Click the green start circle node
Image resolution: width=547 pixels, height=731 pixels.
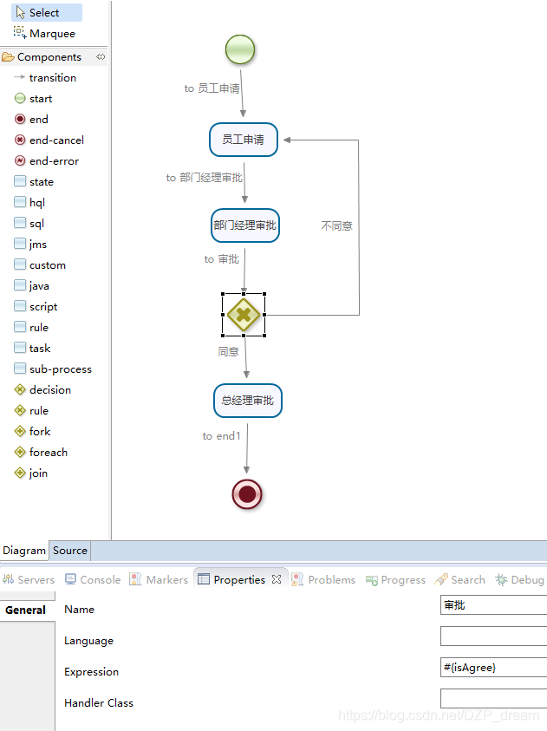(240, 49)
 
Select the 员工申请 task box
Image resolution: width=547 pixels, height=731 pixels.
(244, 140)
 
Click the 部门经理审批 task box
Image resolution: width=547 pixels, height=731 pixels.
(245, 225)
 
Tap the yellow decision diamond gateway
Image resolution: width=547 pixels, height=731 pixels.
(244, 315)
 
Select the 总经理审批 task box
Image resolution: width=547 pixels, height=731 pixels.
(248, 401)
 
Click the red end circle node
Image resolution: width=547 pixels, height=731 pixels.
(248, 494)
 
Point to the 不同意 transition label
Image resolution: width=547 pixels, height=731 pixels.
(336, 225)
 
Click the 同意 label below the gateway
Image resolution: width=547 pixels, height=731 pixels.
(229, 352)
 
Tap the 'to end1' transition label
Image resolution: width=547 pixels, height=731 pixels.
(221, 436)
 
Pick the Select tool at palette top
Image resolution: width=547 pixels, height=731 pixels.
(43, 13)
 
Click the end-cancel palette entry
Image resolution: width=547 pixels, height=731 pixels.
(55, 140)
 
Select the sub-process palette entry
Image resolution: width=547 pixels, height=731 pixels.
(60, 369)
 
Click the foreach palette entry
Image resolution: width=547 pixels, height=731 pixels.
(48, 453)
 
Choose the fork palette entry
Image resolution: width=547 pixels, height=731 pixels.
(40, 432)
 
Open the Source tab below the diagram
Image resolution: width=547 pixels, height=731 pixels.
(70, 551)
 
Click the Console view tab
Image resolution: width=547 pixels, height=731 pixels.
(93, 580)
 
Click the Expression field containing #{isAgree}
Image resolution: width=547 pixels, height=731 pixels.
(493, 668)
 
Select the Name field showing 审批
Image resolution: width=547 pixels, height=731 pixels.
(493, 605)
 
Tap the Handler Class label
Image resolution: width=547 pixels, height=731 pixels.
(99, 703)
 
